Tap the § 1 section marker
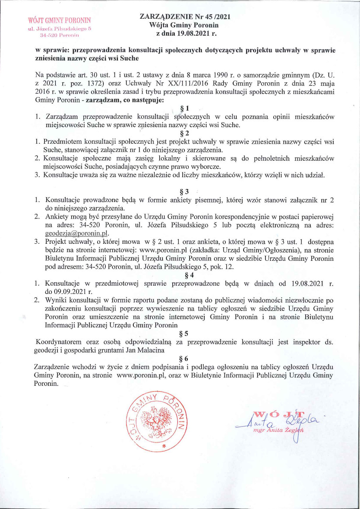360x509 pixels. pos(184,108)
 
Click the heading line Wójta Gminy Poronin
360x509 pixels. pos(184,25)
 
